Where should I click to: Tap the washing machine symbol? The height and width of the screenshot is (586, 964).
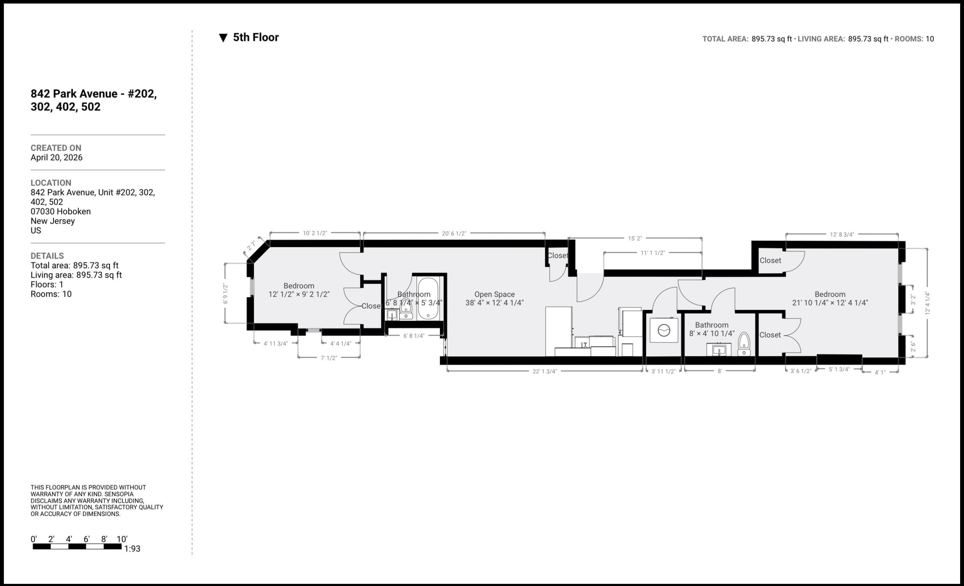664,331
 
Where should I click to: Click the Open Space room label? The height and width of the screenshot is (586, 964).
494,294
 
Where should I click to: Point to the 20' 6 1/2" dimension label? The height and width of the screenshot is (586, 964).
454,234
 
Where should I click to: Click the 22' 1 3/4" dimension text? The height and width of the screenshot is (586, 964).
544,371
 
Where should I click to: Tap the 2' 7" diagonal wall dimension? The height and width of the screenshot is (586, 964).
251,246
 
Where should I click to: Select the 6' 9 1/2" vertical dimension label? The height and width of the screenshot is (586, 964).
225,294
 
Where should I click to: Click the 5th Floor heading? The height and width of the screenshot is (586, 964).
256,37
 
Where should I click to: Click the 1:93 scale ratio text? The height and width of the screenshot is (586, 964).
132,549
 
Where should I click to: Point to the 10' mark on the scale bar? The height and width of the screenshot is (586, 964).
122,539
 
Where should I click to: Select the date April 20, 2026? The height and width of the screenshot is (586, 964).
57,157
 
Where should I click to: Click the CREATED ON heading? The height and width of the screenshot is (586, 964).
56,148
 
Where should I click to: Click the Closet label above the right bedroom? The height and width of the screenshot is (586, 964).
770,260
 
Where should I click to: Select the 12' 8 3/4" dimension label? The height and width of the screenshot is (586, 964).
842,234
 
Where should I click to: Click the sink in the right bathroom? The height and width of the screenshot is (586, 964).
719,349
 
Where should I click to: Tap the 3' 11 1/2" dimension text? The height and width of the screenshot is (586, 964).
663,371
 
